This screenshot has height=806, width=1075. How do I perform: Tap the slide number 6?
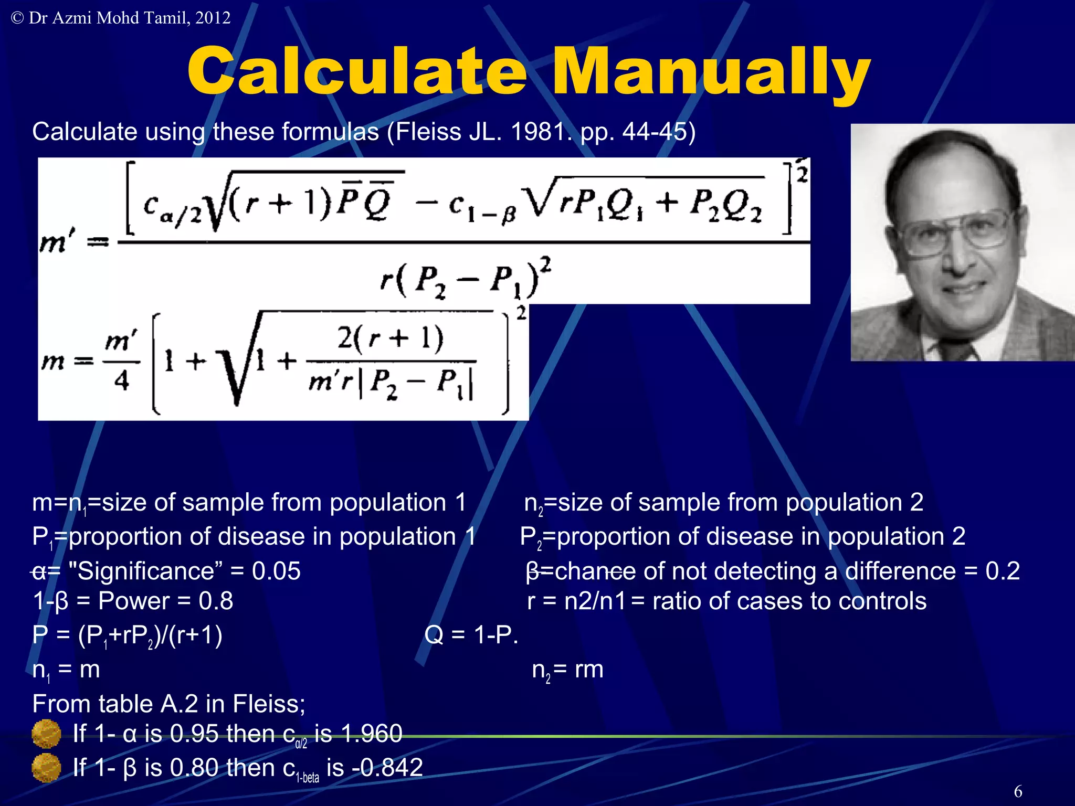[x=1018, y=791]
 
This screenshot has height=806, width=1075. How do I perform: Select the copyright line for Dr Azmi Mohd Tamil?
[x=121, y=18]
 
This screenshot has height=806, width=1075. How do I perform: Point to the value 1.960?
[x=371, y=734]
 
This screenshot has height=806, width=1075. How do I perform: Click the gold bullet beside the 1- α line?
[x=46, y=734]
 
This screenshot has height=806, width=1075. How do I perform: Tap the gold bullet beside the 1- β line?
[x=46, y=768]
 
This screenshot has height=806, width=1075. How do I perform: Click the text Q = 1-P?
[x=471, y=635]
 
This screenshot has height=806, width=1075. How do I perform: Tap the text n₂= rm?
[x=567, y=670]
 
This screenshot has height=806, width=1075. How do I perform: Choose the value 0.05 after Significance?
[x=276, y=571]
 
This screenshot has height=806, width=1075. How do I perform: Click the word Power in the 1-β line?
[x=134, y=601]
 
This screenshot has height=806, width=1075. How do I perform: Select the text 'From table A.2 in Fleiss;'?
[x=168, y=704]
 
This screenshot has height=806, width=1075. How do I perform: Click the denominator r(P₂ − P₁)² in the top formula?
[x=465, y=279]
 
